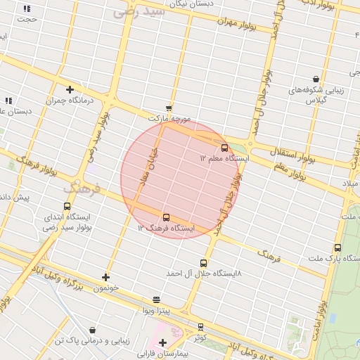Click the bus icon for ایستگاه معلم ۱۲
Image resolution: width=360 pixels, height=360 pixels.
pos(224,148)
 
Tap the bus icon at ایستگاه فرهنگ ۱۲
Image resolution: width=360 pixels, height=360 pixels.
pos(166,217)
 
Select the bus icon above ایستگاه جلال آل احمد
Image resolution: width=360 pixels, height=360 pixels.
pos(204,263)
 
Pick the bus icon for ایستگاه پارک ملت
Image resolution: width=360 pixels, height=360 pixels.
pos(337,247)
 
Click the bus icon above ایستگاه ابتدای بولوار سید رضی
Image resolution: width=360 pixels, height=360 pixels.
pos(67,207)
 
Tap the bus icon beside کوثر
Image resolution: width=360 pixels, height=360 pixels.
pos(200,326)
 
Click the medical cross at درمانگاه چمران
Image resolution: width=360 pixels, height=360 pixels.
pos(70,89)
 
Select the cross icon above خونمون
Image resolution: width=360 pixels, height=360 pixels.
pos(105,277)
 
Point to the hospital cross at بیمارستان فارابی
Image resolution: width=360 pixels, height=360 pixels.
pos(163,342)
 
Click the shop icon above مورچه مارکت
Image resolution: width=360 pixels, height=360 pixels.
pos(169,108)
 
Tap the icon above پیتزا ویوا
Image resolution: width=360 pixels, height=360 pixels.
pos(156,299)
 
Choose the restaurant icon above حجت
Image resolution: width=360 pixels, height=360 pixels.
pos(27,8)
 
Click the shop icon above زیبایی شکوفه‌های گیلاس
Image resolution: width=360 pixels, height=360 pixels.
pos(316,79)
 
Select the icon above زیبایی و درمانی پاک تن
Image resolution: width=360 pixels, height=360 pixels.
pos(93,330)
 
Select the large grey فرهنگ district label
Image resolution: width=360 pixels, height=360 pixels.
pos(83,189)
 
